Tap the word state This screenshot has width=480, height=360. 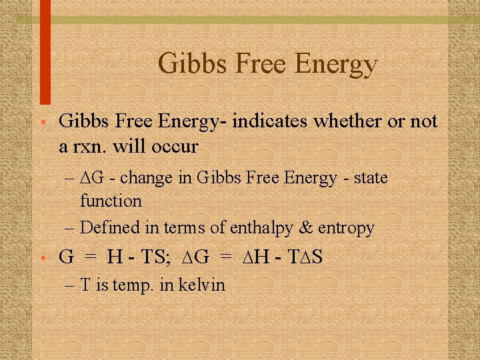pyautogui.click(x=370, y=178)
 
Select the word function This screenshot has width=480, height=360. pyautogui.click(x=111, y=201)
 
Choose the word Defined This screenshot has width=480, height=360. pyautogui.click(x=110, y=228)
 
